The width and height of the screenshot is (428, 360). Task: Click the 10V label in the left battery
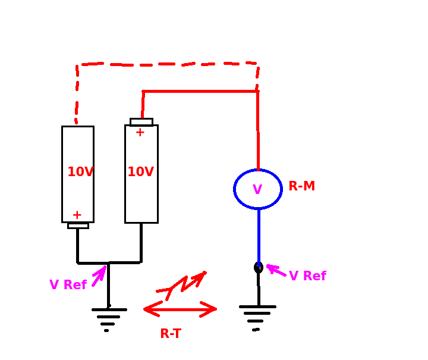pos(80,171)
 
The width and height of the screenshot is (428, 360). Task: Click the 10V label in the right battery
pos(140,171)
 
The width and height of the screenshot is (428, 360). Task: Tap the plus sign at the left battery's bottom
pos(77,215)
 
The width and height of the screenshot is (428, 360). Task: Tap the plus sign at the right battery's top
pos(140,133)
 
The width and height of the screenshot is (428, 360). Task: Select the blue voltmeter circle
pos(234,189)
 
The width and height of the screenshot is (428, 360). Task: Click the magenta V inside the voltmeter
pos(257,189)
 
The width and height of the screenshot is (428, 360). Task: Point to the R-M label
pos(301,186)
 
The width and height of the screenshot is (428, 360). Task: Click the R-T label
pos(171,333)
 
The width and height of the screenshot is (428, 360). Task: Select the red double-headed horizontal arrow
pos(180,309)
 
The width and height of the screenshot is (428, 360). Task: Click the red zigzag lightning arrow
pos(182,286)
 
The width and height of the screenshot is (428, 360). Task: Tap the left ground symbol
pos(109,317)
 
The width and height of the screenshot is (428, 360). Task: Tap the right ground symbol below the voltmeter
pos(257,317)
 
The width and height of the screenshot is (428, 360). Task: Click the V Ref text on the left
pos(68,284)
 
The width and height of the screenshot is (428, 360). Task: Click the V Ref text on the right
pos(308,276)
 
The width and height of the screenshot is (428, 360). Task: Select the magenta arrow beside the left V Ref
pos(100,276)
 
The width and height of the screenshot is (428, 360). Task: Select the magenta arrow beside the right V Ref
pos(276,270)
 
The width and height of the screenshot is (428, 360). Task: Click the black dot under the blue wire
pos(259,268)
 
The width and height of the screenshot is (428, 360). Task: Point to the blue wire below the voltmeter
pos(259,237)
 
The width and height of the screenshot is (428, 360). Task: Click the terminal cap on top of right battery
pos(141,122)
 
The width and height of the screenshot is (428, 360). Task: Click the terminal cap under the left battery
pos(78,226)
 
